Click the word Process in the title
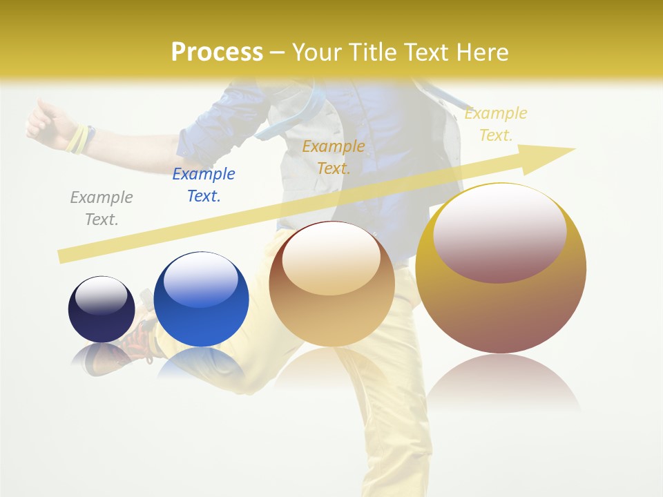click(x=217, y=52)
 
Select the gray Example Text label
click(x=102, y=208)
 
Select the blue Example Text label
click(x=204, y=185)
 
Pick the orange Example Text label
click(x=334, y=157)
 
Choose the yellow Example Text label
click(x=496, y=124)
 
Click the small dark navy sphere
click(x=102, y=318)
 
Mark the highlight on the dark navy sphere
click(x=101, y=295)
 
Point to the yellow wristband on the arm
click(x=78, y=139)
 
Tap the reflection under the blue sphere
click(x=200, y=362)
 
